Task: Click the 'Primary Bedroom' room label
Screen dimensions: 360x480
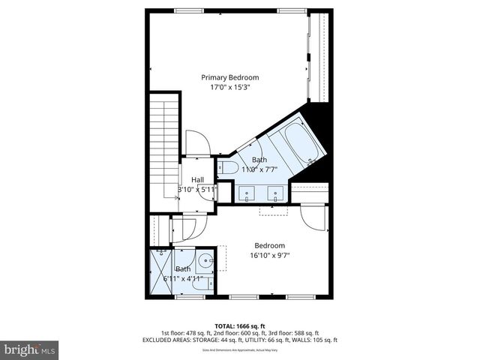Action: click(x=230, y=77)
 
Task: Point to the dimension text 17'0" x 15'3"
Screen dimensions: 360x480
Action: click(x=230, y=87)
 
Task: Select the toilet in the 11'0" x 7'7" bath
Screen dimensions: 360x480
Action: click(x=228, y=167)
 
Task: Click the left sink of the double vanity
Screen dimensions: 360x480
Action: click(x=247, y=194)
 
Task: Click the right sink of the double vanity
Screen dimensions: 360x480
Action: click(x=276, y=194)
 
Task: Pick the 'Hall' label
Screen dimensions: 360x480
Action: click(x=198, y=180)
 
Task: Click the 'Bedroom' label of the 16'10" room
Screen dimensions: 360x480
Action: click(x=269, y=245)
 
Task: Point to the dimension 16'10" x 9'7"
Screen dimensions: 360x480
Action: click(x=269, y=255)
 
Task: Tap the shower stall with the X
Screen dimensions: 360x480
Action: click(x=161, y=271)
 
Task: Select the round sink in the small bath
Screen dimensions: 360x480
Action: click(x=209, y=261)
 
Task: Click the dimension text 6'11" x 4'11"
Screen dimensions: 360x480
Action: click(x=183, y=278)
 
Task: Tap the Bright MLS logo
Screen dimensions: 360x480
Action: click(x=30, y=349)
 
